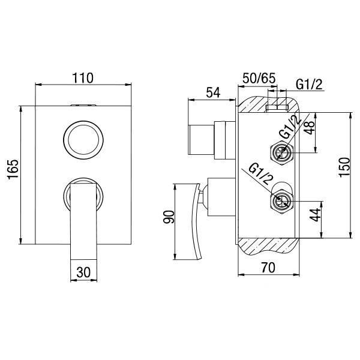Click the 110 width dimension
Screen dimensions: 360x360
pyautogui.click(x=83, y=78)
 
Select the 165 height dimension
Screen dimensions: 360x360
pyautogui.click(x=13, y=169)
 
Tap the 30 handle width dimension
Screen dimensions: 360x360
pyautogui.click(x=83, y=272)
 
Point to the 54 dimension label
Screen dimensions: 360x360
pyautogui.click(x=213, y=92)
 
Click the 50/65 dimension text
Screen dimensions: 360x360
pyautogui.click(x=259, y=78)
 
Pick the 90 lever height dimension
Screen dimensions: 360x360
pyautogui.click(x=169, y=217)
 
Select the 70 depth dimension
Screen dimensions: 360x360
pyautogui.click(x=268, y=268)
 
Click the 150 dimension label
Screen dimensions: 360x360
pyautogui.click(x=344, y=167)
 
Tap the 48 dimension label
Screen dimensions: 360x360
pyautogui.click(x=309, y=127)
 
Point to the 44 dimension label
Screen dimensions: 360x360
pyautogui.click(x=315, y=215)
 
